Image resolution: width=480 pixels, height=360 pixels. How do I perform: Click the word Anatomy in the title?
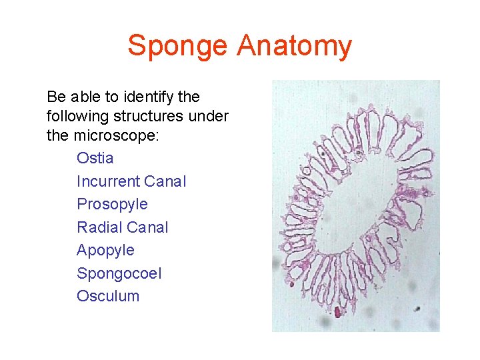(294, 46)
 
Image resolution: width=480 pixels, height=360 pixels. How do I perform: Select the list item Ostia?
(95, 158)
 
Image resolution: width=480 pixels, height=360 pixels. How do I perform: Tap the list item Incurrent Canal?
(131, 181)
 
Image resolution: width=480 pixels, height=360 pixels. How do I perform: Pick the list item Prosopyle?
(112, 204)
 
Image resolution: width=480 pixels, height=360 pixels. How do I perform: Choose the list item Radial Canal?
(123, 227)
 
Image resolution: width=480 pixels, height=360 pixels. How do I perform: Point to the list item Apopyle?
(105, 250)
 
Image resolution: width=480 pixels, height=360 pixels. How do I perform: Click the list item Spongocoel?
(119, 273)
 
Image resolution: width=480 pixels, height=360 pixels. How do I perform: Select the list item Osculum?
(108, 296)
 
